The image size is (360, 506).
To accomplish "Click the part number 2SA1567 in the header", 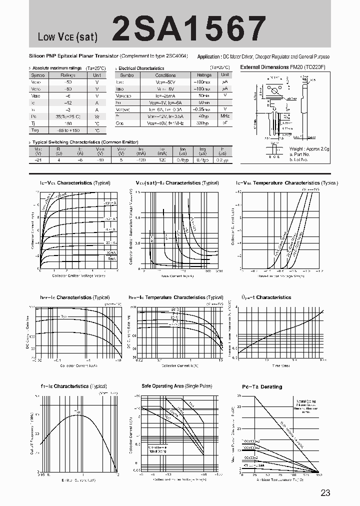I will pos(189,28).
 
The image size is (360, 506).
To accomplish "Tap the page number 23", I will pos(325,493).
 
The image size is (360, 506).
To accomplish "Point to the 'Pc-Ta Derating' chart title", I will pos(262,387).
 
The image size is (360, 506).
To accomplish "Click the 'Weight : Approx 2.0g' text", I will pos(309,149).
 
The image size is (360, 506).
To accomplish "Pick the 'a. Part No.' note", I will pos(300,154).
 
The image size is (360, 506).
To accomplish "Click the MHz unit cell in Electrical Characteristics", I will pos(225,115).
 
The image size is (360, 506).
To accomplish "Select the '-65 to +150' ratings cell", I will pos(68,130).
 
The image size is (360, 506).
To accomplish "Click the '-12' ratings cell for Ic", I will pos(68,102).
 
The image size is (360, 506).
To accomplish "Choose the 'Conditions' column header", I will pos(165,75).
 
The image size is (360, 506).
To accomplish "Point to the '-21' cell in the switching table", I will pos(38,160).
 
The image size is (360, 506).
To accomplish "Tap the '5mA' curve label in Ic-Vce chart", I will pos(111,259).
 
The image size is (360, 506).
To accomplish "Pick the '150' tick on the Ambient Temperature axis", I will pos(318,475).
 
